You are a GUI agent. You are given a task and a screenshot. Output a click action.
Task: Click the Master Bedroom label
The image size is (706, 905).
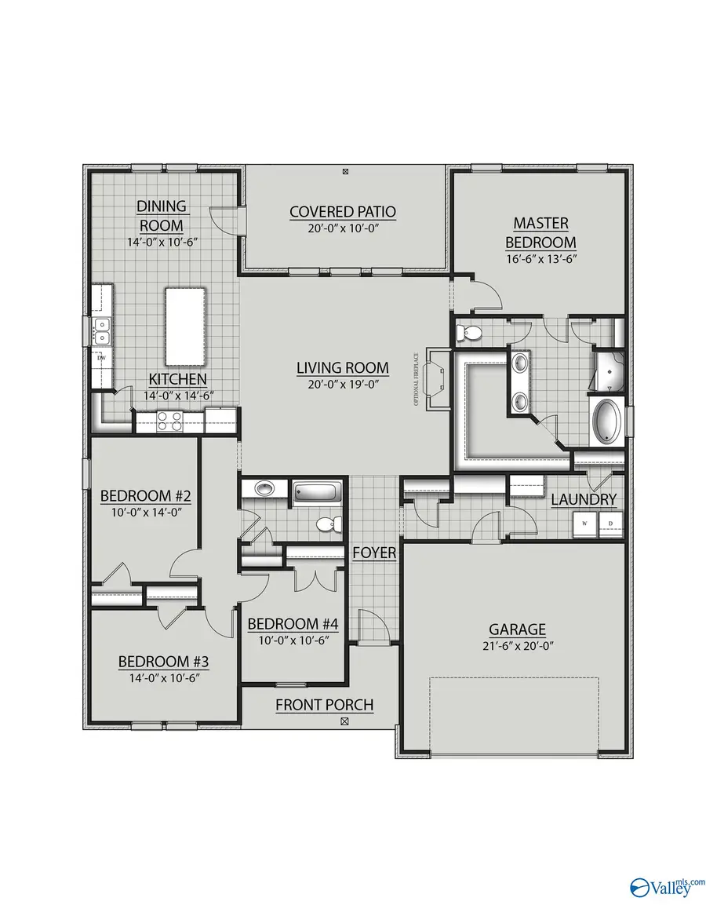pyautogui.click(x=540, y=233)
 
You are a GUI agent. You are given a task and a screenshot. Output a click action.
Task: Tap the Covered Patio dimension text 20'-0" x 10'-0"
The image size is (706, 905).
pyautogui.click(x=342, y=229)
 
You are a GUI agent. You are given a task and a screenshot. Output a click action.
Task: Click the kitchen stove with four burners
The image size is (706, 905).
pyautogui.click(x=169, y=421)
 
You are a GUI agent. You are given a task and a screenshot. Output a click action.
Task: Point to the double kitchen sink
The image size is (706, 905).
pyautogui.click(x=101, y=331)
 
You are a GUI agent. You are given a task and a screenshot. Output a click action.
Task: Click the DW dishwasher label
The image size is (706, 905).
pyautogui.click(x=101, y=359)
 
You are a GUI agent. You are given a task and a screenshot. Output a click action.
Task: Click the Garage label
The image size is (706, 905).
pyautogui.click(x=517, y=629)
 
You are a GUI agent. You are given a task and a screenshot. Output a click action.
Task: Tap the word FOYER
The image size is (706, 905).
pyautogui.click(x=374, y=553)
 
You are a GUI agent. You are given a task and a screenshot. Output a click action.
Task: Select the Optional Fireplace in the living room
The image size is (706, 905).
pyautogui.click(x=435, y=380)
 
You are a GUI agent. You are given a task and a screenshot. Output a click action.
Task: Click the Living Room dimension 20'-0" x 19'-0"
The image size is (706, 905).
pyautogui.click(x=342, y=384)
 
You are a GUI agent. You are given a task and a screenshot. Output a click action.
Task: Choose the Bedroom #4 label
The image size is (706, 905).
pyautogui.click(x=293, y=624)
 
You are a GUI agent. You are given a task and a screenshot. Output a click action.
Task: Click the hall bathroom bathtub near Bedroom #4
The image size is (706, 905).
pyautogui.click(x=317, y=493)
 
